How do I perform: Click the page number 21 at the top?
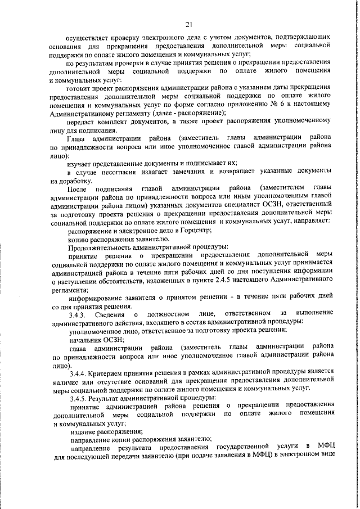188,23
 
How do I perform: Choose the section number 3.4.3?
79,313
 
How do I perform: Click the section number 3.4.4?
79,371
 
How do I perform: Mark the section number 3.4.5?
79,397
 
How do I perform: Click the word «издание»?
83,431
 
